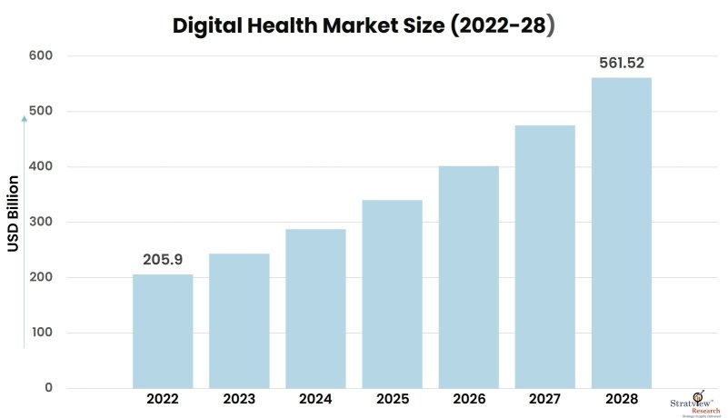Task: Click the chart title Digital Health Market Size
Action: click(364, 26)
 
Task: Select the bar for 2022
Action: click(163, 332)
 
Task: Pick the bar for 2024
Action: click(315, 309)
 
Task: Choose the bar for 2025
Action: click(392, 294)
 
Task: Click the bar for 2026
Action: click(468, 277)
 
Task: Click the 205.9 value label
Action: click(163, 260)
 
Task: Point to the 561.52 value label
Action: click(621, 64)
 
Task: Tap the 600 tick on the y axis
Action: click(41, 56)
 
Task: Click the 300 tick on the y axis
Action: click(41, 223)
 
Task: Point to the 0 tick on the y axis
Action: click(48, 389)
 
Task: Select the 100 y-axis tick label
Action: click(41, 333)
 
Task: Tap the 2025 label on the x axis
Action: click(392, 400)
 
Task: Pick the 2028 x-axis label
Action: click(621, 400)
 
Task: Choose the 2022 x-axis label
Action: click(163, 400)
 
